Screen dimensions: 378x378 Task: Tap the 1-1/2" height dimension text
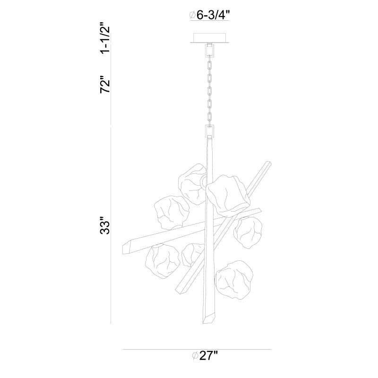click(x=105, y=38)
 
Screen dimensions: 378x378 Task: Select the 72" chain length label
click(x=105, y=84)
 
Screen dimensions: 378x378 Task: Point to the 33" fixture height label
click(x=105, y=226)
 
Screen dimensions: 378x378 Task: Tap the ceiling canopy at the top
click(x=209, y=38)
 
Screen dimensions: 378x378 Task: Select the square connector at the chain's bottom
click(x=209, y=130)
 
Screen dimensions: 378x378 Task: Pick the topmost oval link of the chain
click(x=210, y=66)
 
